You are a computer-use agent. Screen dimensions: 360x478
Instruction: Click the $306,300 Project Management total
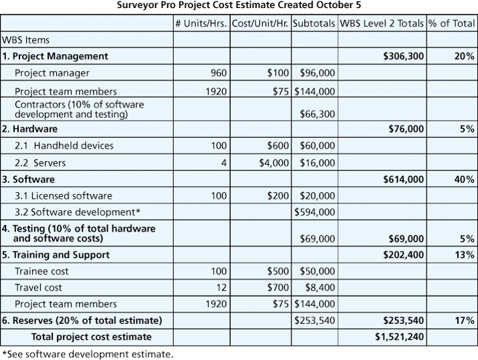click(403, 56)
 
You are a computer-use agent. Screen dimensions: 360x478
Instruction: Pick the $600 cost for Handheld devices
click(277, 145)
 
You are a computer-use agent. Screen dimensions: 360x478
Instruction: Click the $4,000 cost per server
click(274, 162)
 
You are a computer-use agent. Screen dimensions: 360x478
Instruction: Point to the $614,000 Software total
click(403, 179)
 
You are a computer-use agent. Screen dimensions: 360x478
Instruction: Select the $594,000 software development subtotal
click(316, 212)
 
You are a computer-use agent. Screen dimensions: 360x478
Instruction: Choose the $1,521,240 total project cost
click(400, 337)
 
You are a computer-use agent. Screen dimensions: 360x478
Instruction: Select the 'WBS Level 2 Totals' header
click(382, 23)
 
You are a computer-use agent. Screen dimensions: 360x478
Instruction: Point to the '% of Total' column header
click(452, 23)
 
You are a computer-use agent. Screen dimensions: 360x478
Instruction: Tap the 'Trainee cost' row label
click(41, 271)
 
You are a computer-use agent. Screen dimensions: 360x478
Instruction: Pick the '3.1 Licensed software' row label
click(64, 196)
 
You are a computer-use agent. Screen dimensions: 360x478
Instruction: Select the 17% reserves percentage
click(465, 321)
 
